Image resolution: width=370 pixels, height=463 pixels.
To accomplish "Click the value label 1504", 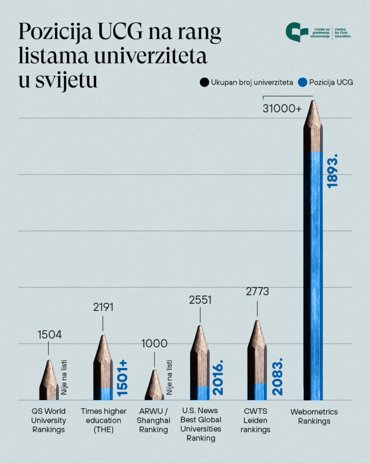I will [49, 335].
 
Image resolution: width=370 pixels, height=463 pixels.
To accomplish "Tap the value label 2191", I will [103, 307].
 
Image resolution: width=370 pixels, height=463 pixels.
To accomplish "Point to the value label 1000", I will [155, 343].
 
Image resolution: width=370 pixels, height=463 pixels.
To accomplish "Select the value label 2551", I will [200, 300].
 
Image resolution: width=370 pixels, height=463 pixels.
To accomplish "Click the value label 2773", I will [257, 292].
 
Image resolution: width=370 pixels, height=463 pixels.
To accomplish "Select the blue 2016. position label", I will [218, 378].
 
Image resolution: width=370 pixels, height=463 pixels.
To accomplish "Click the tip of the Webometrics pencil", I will [313, 103].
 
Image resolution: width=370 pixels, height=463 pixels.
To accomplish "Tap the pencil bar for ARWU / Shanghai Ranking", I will [155, 387].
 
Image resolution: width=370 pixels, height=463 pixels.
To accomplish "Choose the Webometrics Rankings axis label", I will [314, 416].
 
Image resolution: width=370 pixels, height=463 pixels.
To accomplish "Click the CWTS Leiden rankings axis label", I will [255, 420].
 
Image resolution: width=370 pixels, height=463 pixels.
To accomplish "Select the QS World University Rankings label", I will [49, 420].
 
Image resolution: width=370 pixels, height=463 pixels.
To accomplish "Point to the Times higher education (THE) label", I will [103, 420].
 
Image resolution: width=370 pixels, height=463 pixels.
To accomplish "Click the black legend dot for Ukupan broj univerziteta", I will [205, 82].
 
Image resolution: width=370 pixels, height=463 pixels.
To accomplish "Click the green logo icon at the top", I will [296, 32].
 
